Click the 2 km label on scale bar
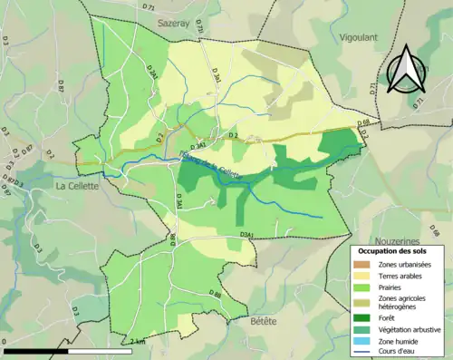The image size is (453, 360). coord(136,342)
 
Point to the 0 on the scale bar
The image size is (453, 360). coord(6,342)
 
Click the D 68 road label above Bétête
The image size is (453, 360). coord(215,295)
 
